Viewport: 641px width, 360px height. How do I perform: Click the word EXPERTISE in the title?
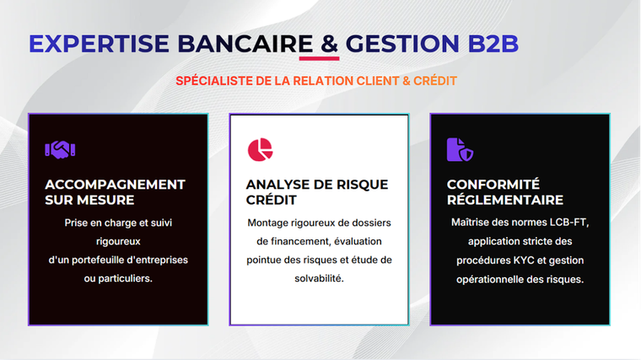(99, 43)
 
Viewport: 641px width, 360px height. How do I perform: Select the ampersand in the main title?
(330, 43)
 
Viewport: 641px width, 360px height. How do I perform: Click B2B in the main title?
(493, 43)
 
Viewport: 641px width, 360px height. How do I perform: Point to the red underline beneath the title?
(320, 58)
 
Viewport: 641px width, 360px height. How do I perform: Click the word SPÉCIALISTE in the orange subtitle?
(213, 81)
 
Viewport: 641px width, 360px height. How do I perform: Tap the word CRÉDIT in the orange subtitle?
(435, 81)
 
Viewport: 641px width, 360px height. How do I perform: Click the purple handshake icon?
(60, 149)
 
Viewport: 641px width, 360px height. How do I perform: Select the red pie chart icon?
(260, 149)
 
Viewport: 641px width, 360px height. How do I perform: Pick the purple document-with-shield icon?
(460, 149)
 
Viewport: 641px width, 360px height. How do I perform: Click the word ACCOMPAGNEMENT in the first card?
(115, 185)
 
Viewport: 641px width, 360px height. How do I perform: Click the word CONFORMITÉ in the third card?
(493, 185)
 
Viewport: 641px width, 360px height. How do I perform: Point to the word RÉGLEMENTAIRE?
(505, 200)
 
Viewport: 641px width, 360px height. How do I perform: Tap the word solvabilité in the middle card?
(320, 278)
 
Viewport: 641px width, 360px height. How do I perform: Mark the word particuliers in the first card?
(125, 279)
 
